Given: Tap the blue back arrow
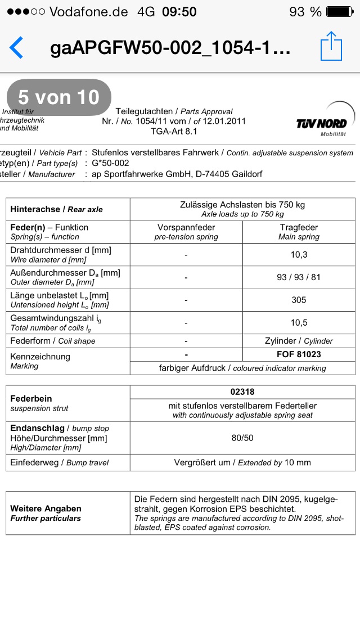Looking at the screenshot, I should point(16,47).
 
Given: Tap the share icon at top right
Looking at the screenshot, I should point(331,46).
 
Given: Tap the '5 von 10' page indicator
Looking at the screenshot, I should point(58,97).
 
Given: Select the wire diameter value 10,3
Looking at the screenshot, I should point(299,254).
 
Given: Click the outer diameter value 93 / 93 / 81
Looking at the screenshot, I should point(299,277).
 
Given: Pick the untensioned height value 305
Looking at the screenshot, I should point(299,300).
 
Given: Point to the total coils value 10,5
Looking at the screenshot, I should point(299,323).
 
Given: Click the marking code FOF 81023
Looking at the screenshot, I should point(299,355).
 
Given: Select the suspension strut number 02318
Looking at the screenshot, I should point(242,391).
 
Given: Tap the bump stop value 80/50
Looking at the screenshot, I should point(242,438).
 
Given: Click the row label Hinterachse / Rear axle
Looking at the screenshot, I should point(56,209).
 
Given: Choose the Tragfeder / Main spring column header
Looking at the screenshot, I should point(299,232).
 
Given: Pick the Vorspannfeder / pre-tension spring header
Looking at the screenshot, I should point(186,232).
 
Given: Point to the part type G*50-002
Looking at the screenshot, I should point(110,163).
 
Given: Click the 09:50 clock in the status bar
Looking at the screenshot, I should point(179,11).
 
